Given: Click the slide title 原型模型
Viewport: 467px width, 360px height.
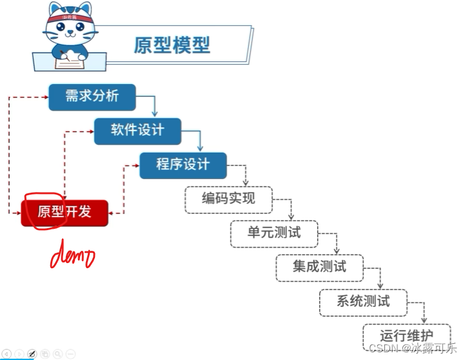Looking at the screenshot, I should [172, 45].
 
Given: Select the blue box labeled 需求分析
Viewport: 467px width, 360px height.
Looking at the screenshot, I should [92, 97].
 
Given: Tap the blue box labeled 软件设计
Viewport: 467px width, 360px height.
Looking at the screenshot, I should [138, 131].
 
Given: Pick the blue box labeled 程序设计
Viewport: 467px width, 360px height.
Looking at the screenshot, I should [183, 165].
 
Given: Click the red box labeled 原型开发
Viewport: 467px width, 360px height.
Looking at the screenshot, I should [65, 213].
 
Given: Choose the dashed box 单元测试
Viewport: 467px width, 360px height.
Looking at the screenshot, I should [274, 233].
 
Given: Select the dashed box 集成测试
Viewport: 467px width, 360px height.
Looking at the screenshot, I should [319, 267].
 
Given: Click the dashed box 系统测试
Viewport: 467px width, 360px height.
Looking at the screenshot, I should [364, 301].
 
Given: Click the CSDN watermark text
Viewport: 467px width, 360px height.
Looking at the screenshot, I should [413, 349].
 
